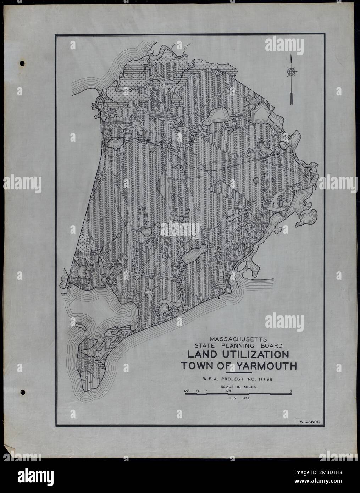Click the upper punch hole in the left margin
[x=22, y=63]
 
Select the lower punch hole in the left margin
[x=22, y=392]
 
